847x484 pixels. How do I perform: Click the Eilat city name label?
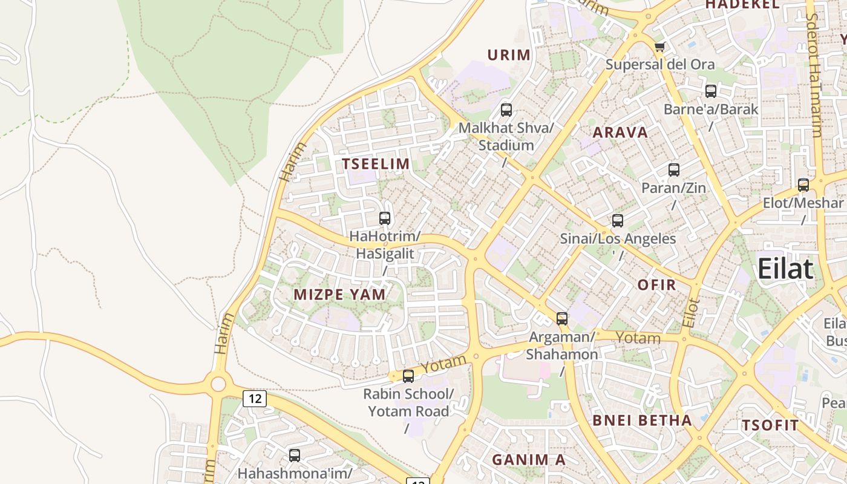(x=785, y=268)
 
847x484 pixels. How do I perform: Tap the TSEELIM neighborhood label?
(x=376, y=163)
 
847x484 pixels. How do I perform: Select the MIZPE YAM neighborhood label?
(x=339, y=295)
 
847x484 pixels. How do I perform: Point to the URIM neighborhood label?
(x=509, y=55)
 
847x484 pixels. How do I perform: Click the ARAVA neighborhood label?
(x=620, y=132)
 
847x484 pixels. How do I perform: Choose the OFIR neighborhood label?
(x=657, y=284)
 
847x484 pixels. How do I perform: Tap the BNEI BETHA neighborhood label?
(x=642, y=420)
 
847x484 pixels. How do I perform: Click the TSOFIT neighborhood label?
(x=771, y=425)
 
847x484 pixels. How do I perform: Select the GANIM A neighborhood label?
(x=528, y=460)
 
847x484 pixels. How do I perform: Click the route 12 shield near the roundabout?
(x=255, y=398)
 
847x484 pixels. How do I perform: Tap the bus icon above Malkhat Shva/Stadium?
(x=506, y=110)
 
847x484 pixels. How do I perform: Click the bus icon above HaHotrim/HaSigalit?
(x=385, y=218)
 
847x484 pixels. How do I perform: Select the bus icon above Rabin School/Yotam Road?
(x=408, y=376)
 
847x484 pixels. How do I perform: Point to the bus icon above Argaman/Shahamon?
(x=562, y=319)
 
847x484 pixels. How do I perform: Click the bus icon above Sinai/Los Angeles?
(x=618, y=221)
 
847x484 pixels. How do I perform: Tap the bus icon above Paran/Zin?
(x=674, y=170)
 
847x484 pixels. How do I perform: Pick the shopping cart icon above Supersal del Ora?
(x=659, y=47)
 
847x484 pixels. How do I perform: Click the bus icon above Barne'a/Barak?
(x=711, y=91)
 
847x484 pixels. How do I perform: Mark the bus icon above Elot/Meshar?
(x=803, y=185)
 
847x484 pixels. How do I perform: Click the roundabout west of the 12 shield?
(x=218, y=383)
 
